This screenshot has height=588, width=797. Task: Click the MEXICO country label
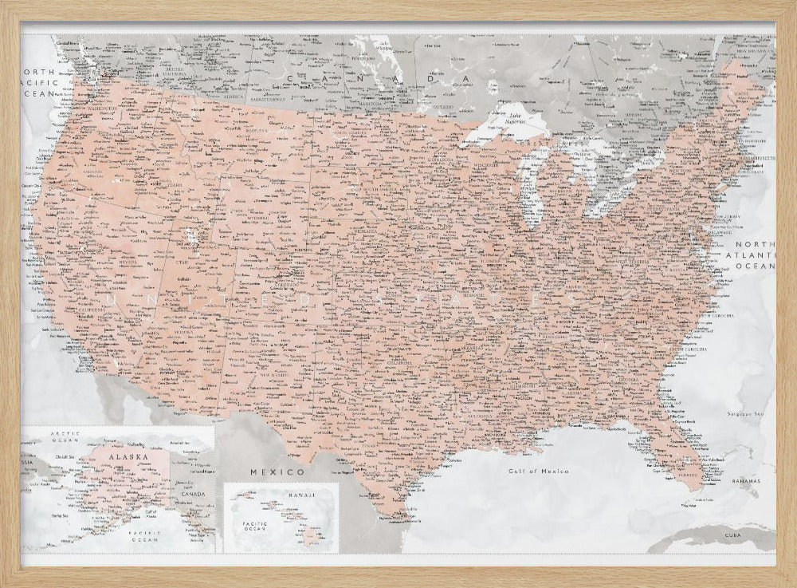[x=278, y=472]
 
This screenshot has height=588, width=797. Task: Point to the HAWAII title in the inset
[x=301, y=495]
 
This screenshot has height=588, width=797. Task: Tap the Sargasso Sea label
[x=746, y=414]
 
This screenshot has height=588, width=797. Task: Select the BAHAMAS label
[x=746, y=483]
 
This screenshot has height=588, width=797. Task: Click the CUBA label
[x=732, y=534]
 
